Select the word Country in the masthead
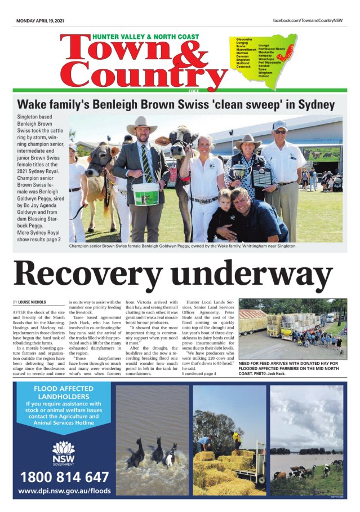pos(144,76)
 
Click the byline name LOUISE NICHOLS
pos(33,303)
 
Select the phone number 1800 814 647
pos(65,477)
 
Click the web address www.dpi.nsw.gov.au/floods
pos(64,492)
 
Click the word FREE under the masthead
pos(194,90)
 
